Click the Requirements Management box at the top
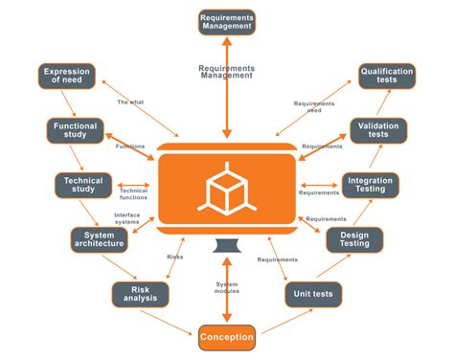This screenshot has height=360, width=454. [227, 21]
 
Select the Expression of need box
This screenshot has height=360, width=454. [66, 77]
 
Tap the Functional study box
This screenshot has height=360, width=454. [76, 130]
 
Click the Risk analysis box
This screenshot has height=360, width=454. [139, 294]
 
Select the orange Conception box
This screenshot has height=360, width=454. [227, 337]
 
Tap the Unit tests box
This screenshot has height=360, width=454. [313, 294]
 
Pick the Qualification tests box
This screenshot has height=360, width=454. [387, 77]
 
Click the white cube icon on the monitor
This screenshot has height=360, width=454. [227, 187]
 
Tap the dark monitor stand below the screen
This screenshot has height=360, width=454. [227, 244]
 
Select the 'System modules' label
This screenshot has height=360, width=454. [227, 287]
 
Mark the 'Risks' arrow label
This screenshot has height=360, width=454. [175, 257]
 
